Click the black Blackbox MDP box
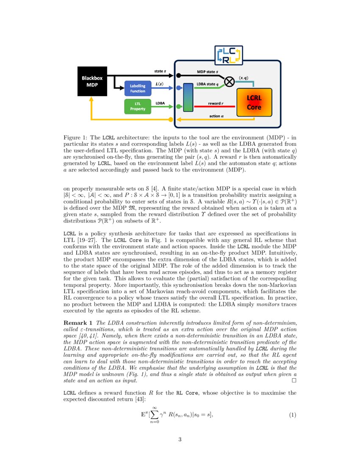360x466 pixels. coord(92,81)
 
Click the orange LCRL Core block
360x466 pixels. coord(254,103)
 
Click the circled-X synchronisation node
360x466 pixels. coord(229,81)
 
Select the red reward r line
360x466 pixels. coord(216,106)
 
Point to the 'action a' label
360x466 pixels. coord(217,116)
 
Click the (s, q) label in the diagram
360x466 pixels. coord(244,78)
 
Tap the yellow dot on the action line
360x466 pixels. coord(171,120)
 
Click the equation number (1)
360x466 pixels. coord(292,415)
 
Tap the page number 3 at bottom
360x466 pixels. coord(180,439)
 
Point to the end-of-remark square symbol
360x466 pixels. coord(294,381)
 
